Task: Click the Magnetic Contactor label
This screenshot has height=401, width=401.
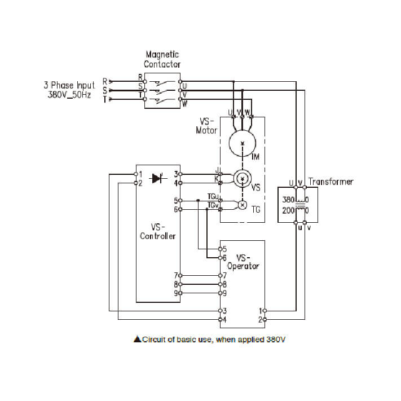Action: (162, 59)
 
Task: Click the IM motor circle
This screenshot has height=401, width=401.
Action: (243, 144)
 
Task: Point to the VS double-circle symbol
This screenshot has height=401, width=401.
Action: (243, 179)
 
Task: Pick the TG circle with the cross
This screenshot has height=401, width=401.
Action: (243, 205)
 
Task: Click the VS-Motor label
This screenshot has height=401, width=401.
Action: (206, 126)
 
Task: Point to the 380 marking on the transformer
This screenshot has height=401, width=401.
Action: (288, 200)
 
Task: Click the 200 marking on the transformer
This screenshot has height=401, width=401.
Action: (288, 210)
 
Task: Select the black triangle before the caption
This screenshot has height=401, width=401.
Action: (136, 340)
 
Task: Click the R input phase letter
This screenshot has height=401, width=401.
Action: (105, 81)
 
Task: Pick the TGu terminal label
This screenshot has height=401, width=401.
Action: (213, 197)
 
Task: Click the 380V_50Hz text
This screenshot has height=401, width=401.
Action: (69, 95)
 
